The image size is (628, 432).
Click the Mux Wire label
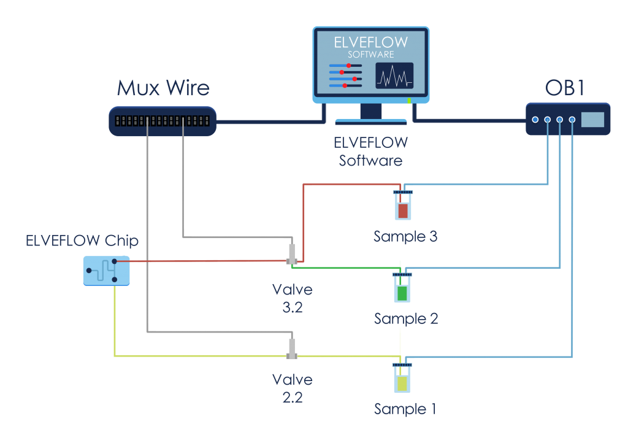pos(163,88)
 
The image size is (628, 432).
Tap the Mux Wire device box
pos(163,121)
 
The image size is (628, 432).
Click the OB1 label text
pos(564,88)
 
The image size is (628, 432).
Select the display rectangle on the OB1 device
pos(592,120)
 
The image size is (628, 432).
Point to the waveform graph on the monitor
pos(394,76)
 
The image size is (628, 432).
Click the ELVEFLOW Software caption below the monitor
pos(370,152)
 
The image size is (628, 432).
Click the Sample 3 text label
pos(405,236)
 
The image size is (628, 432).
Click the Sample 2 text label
pos(405,318)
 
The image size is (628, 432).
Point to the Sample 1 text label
pos(405,409)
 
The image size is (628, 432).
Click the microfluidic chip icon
pos(106,271)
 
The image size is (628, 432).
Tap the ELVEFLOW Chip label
pos(82,241)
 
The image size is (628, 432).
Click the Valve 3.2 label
pos(293,298)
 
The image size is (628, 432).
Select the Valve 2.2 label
pos(292,388)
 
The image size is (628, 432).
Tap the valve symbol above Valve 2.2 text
pos(292,349)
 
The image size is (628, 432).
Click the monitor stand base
pos(370,121)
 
